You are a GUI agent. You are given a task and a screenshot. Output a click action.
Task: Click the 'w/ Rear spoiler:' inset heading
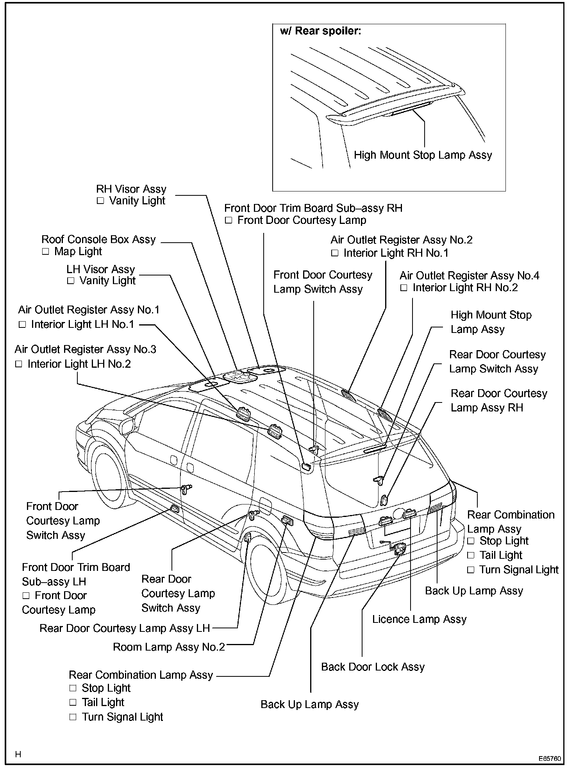(320, 31)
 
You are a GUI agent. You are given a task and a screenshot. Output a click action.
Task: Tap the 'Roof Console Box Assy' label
(98, 239)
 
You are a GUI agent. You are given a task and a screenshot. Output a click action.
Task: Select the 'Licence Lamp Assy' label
(419, 619)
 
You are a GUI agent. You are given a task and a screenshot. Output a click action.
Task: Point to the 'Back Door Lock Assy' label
(373, 667)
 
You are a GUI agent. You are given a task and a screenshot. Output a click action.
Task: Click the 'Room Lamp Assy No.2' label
(169, 647)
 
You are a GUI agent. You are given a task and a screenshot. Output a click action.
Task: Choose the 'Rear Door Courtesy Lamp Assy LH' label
(125, 628)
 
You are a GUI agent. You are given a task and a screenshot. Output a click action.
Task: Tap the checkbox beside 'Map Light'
(46, 252)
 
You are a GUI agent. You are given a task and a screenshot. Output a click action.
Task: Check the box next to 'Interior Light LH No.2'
(19, 364)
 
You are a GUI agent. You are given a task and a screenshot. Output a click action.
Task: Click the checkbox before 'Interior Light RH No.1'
(335, 253)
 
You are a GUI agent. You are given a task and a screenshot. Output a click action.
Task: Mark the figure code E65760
(550, 759)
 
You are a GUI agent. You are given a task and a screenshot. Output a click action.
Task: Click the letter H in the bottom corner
(18, 755)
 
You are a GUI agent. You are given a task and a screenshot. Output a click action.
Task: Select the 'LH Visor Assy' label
(100, 269)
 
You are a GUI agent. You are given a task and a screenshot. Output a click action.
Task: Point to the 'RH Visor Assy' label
(131, 189)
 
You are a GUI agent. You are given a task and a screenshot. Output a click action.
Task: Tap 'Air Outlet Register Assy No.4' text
(469, 275)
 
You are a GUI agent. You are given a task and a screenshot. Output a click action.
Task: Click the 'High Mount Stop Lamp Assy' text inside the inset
(423, 155)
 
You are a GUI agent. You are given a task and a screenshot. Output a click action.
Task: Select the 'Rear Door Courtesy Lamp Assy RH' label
(498, 401)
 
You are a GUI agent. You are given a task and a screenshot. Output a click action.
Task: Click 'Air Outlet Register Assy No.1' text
(89, 310)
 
